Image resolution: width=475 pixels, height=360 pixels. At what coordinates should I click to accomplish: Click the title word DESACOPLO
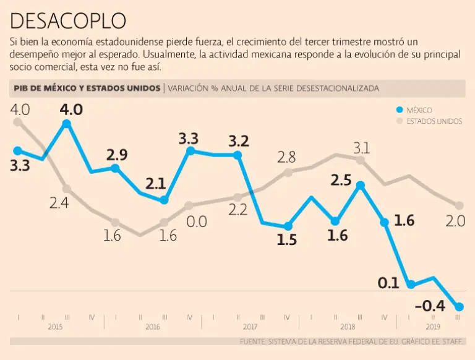(x=68, y=21)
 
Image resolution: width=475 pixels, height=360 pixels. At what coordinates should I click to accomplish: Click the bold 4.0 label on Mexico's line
(x=71, y=109)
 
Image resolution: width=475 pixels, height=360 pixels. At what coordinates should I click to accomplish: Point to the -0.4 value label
(x=429, y=305)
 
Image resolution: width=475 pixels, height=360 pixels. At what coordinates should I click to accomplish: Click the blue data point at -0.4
(x=459, y=306)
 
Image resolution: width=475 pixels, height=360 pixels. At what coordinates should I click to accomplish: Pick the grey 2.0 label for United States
(x=455, y=221)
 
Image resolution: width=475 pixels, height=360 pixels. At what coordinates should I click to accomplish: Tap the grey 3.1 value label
(x=361, y=148)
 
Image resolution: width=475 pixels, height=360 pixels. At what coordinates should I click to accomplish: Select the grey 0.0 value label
(x=197, y=221)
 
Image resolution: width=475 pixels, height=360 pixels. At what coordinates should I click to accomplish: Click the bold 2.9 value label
(x=116, y=155)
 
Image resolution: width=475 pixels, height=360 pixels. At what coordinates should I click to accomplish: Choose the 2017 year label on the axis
(x=250, y=327)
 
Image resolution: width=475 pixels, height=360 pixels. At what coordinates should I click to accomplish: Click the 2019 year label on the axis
(x=433, y=327)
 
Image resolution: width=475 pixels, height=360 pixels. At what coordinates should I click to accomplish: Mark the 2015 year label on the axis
(x=55, y=327)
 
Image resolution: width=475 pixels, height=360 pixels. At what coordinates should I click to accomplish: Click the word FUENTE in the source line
(x=254, y=341)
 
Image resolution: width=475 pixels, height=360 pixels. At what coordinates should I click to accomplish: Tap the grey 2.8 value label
(x=286, y=157)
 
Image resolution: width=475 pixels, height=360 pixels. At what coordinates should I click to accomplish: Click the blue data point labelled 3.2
(x=237, y=155)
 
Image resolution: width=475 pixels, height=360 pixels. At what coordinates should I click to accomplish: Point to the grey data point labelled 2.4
(x=67, y=189)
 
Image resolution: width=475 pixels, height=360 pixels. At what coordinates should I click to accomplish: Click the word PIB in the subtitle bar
(x=23, y=88)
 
